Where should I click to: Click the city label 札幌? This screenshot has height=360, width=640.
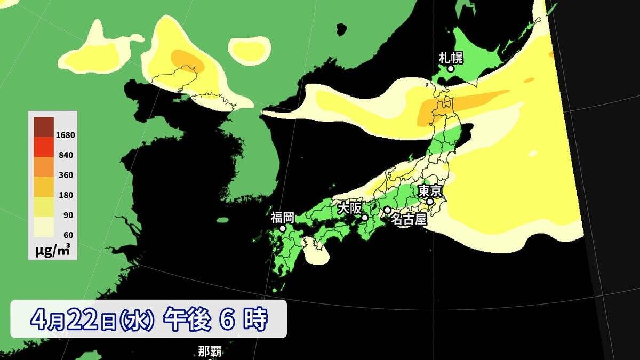[450, 57]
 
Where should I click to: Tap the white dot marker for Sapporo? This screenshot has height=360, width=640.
[451, 69]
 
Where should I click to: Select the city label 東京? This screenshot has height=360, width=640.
[429, 190]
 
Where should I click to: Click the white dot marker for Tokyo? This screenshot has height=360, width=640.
[430, 202]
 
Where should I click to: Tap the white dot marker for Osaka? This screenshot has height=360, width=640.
[365, 218]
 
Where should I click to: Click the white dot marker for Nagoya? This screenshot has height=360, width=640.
[387, 210]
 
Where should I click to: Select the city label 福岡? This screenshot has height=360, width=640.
[282, 217]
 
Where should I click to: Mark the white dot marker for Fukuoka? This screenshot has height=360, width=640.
[283, 228]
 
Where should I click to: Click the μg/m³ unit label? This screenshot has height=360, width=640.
[52, 250]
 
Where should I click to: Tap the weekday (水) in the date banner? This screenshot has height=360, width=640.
[137, 320]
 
